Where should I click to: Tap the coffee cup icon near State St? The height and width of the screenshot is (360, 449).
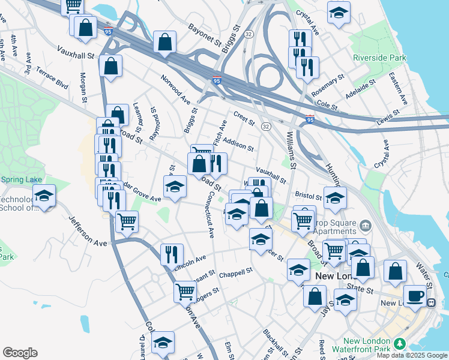[414, 295]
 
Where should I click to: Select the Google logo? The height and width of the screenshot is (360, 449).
[20, 353]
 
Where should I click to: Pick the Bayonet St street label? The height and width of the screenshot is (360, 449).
[205, 35]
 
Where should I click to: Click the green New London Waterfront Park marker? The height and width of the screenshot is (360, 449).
[399, 344]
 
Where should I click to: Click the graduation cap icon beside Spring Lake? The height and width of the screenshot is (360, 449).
[44, 196]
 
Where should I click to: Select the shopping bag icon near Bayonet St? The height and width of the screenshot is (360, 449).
[164, 42]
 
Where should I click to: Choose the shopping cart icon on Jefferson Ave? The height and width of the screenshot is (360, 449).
[127, 222]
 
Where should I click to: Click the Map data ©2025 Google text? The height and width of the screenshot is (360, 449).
[412, 355]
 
